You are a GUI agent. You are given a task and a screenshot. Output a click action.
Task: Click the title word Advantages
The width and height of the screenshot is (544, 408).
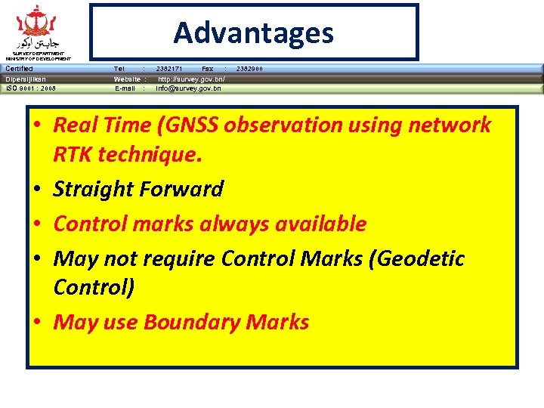point(253,32)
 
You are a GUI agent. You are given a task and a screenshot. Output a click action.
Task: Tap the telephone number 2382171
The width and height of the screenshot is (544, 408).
point(168,69)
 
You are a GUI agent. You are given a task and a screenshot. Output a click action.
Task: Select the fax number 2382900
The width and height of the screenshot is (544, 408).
point(249,69)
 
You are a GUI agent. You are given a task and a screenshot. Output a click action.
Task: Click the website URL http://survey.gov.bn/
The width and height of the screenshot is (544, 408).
point(190,79)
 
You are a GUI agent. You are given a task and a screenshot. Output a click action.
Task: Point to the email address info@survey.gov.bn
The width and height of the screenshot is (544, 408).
point(188,88)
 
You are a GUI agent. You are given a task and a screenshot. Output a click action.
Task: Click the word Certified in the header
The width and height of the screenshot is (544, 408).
point(19,69)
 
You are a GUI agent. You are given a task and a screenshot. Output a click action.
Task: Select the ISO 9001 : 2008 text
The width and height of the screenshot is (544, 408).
point(30,88)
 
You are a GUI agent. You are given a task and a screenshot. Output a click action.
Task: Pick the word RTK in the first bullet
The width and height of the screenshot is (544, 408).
point(74,156)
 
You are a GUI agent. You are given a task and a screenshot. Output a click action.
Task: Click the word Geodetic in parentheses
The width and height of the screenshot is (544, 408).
point(419,258)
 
